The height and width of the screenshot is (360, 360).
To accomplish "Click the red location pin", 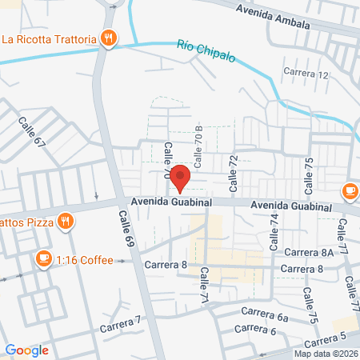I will coord(180,177).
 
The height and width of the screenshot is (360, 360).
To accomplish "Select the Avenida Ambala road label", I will coord(273,16).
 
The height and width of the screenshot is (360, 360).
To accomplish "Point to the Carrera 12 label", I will coord(306,74).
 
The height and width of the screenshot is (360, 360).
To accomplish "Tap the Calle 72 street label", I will coord(234,174).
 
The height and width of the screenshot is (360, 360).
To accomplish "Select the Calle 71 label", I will coord(204,283).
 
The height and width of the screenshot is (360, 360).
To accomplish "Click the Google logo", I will coord(27,350).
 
